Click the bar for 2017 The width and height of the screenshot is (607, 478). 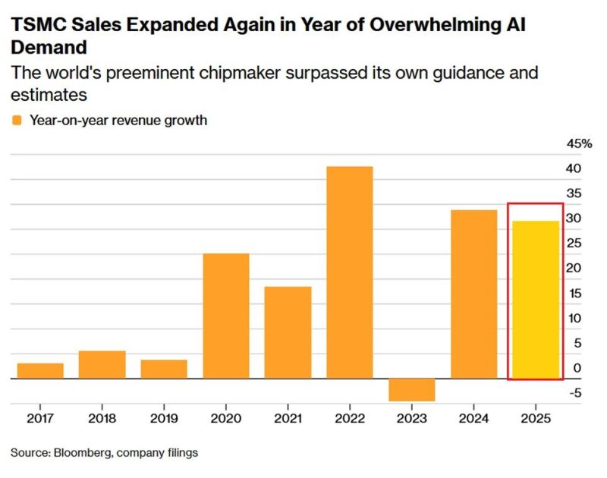point(40,370)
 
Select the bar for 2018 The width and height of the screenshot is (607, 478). point(102,364)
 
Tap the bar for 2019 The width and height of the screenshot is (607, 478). point(164,369)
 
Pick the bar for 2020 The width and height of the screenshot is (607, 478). point(226,316)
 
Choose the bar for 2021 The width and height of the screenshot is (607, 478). point(288,332)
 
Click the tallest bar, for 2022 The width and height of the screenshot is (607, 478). point(350,272)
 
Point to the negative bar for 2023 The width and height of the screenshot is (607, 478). point(412,389)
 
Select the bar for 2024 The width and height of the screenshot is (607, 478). point(473,294)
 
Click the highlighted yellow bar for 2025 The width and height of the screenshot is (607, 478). point(536,299)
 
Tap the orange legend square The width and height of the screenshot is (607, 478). point(17,120)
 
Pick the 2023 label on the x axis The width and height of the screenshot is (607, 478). point(412,418)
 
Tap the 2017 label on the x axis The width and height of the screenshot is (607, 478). point(40,418)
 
